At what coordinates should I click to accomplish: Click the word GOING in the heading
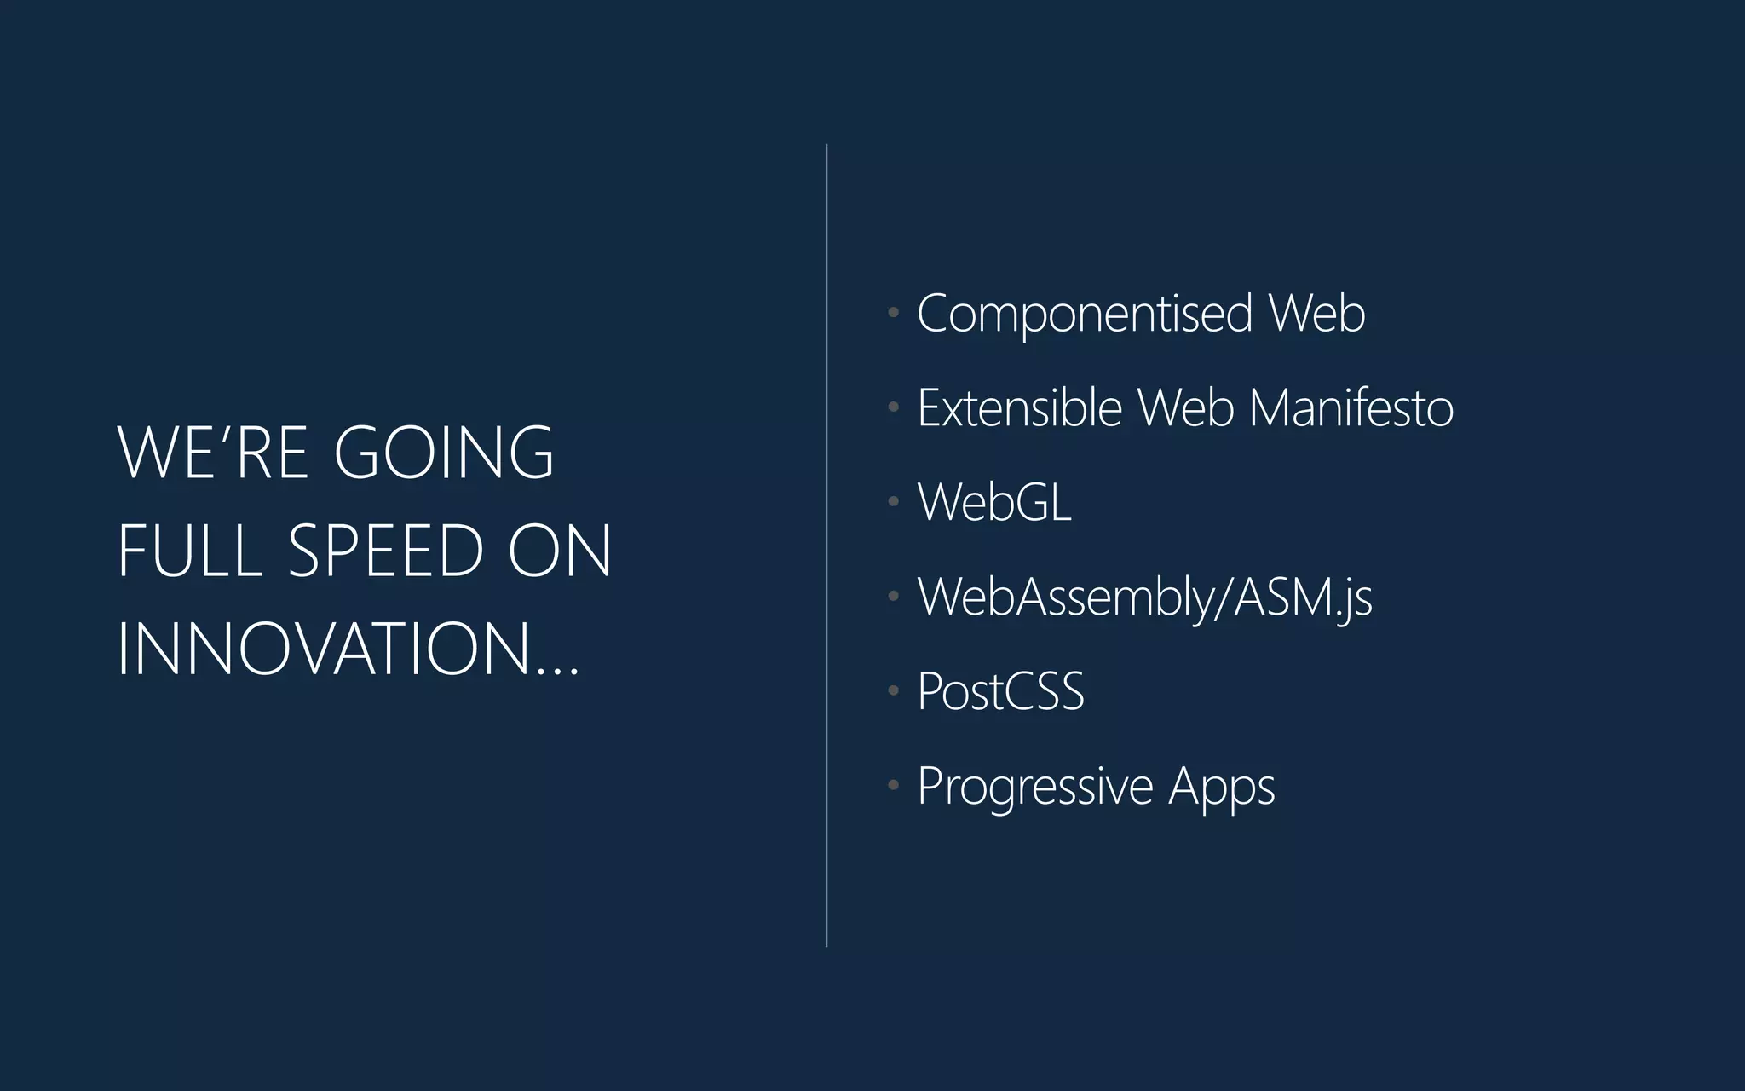pyautogui.click(x=444, y=453)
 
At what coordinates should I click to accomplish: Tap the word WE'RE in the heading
pyautogui.click(x=212, y=453)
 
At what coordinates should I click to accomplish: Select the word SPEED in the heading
pyautogui.click(x=386, y=551)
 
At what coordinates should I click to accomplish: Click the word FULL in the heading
pyautogui.click(x=189, y=551)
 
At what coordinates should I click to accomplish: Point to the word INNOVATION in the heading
pyautogui.click(x=324, y=649)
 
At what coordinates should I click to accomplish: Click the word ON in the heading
pyautogui.click(x=560, y=551)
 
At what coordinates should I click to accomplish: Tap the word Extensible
pyautogui.click(x=1020, y=408)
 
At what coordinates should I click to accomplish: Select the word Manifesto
pyautogui.click(x=1351, y=408)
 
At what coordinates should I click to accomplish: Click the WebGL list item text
pyautogui.click(x=993, y=502)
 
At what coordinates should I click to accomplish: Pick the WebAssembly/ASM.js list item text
pyautogui.click(x=1144, y=597)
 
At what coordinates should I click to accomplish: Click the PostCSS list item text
pyautogui.click(x=1000, y=691)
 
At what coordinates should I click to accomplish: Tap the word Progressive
pyautogui.click(x=1034, y=787)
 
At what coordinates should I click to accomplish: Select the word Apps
pyautogui.click(x=1222, y=787)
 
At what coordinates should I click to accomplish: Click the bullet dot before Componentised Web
pyautogui.click(x=893, y=313)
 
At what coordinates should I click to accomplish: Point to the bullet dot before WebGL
pyautogui.click(x=893, y=501)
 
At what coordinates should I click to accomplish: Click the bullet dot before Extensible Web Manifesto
pyautogui.click(x=893, y=407)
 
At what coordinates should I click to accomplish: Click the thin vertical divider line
pyautogui.click(x=826, y=545)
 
